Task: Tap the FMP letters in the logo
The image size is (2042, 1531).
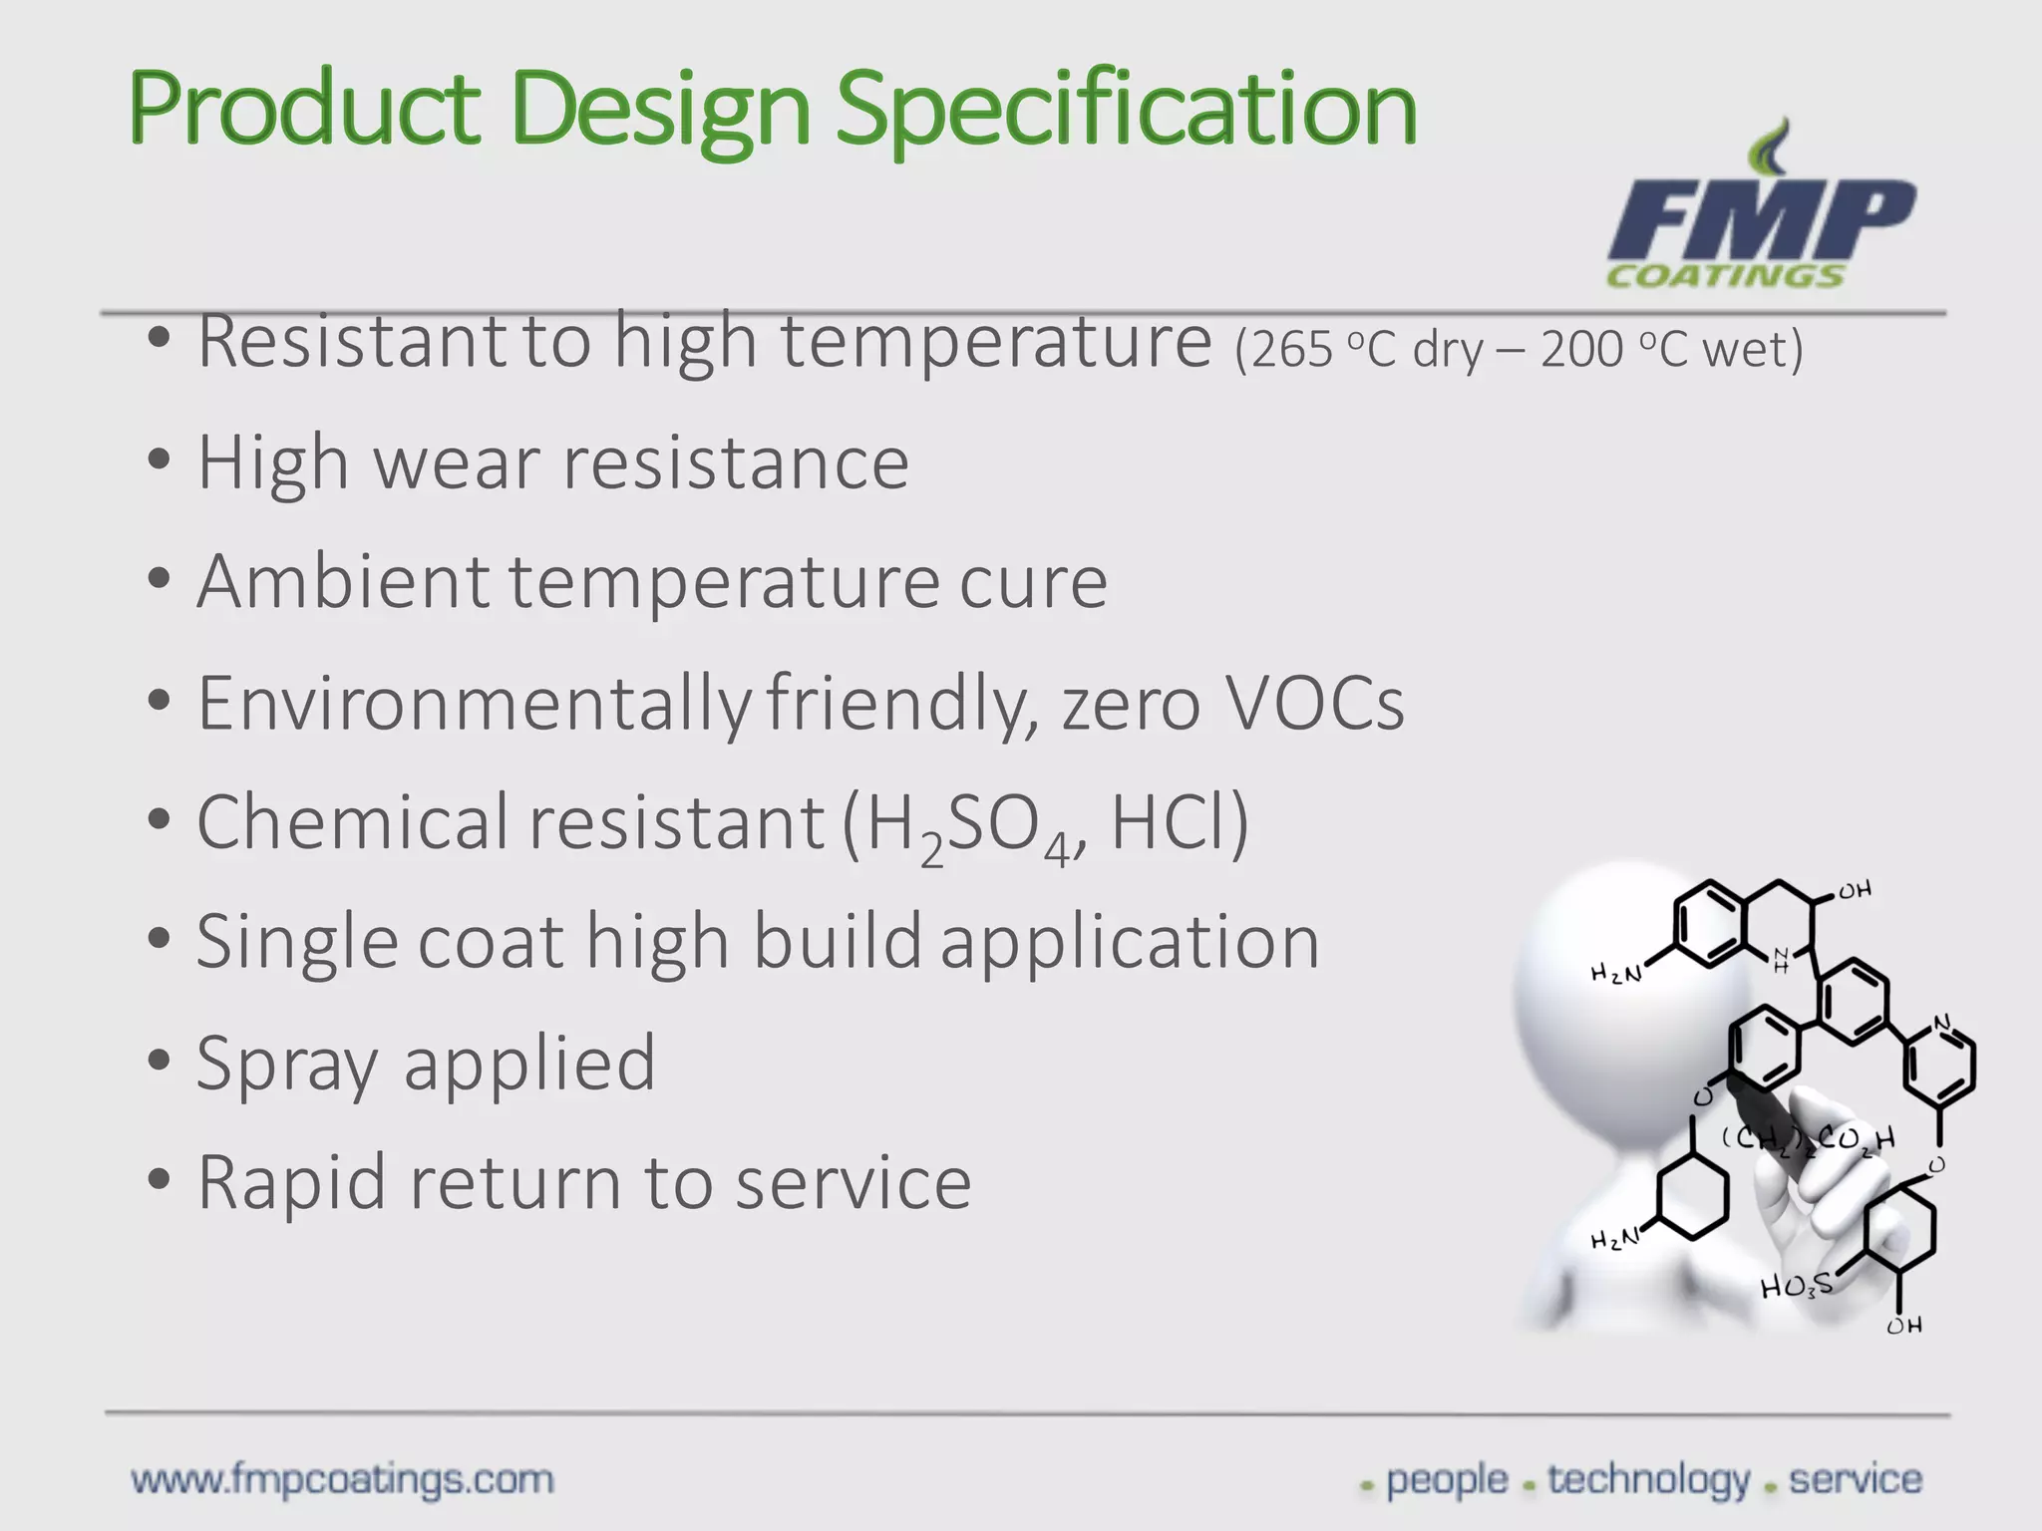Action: [1760, 221]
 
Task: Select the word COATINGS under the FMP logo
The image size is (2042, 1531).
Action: [1725, 276]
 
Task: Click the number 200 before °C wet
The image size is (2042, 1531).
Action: [1581, 350]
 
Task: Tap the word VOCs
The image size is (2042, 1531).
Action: [1314, 704]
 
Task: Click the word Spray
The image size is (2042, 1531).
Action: [287, 1065]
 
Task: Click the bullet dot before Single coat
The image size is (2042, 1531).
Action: [159, 940]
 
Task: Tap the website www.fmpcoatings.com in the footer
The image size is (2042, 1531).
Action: [342, 1479]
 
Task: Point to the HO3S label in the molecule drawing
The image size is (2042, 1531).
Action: [1796, 1286]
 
